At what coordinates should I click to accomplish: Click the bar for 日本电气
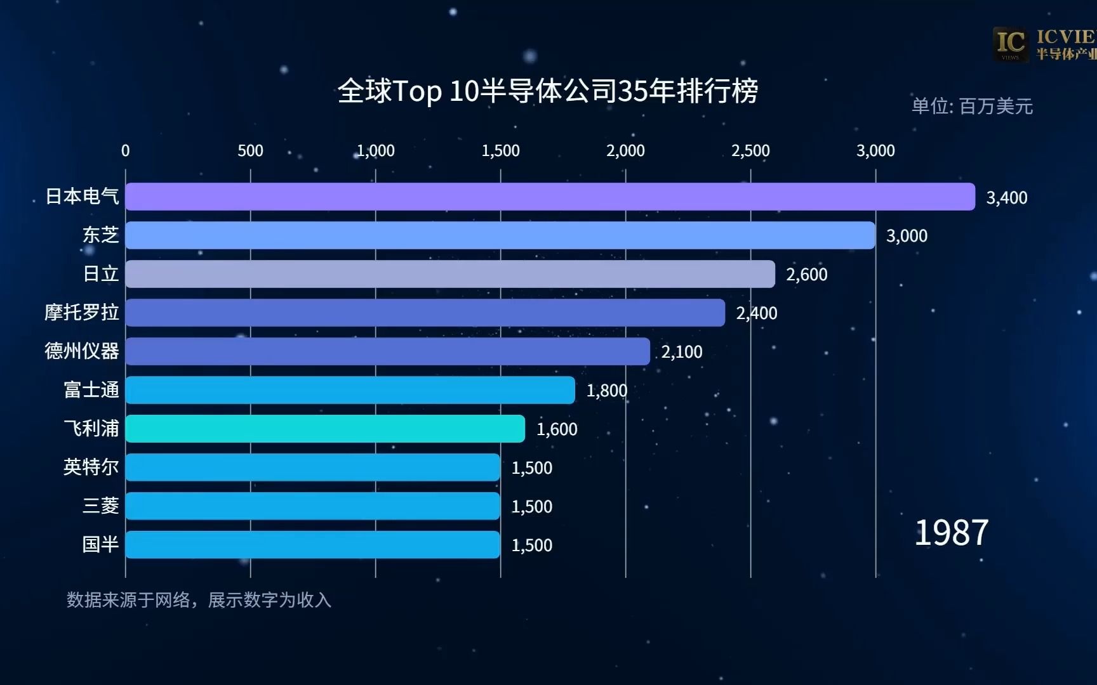(550, 197)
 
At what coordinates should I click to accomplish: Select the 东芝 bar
(500, 235)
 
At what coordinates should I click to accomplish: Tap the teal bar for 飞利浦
(325, 429)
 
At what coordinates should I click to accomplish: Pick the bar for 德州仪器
(387, 351)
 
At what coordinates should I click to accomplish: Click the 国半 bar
(312, 545)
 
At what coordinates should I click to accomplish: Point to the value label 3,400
(1006, 198)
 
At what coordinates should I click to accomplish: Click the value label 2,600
(806, 275)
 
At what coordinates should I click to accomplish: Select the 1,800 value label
(606, 391)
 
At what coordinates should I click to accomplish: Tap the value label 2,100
(681, 352)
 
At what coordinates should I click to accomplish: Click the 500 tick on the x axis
(250, 151)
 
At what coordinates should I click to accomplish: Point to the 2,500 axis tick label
(750, 151)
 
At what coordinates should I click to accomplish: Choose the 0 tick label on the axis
(125, 151)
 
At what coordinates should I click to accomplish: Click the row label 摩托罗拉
(82, 312)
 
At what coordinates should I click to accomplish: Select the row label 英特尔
(91, 467)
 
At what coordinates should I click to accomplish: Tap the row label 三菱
(100, 506)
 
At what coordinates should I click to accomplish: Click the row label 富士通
(91, 389)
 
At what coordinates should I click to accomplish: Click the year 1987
(951, 533)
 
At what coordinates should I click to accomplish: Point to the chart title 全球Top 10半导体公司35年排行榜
(548, 91)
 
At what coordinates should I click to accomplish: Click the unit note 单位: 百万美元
(972, 106)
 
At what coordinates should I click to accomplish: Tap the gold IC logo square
(1011, 44)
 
